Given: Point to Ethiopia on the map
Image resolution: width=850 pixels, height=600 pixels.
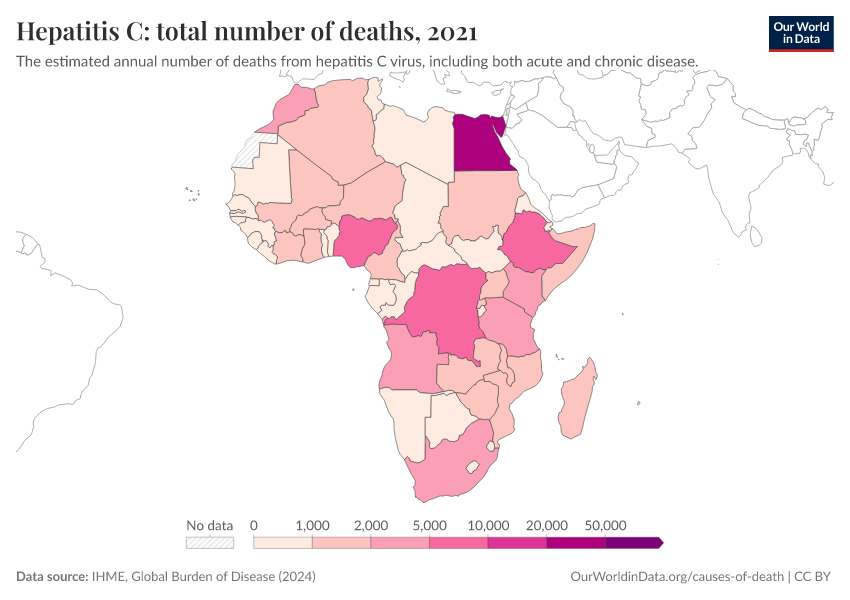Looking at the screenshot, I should [536, 244].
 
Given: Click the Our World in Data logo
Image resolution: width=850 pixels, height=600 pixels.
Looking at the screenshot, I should [801, 33].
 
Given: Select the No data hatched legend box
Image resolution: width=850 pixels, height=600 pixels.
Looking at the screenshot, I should [210, 542].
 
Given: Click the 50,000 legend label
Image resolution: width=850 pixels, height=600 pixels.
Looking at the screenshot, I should [606, 525].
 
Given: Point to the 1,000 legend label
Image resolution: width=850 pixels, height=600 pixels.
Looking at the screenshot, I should [313, 525].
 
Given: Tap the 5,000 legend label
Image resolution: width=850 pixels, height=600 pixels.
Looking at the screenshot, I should [430, 525].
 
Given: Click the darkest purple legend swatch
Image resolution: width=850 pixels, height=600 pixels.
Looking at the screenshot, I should [633, 542].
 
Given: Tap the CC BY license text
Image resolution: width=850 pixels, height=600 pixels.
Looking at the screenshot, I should [815, 577].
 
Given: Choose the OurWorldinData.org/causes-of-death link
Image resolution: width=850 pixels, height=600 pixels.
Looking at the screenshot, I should [676, 577].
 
